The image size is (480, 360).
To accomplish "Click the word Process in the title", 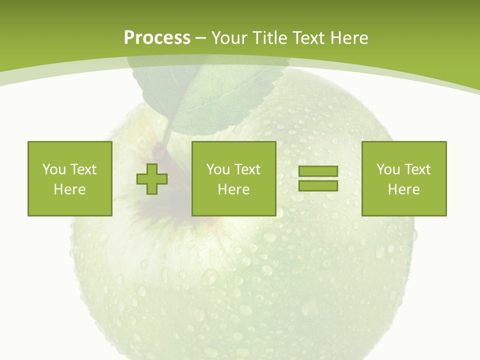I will (x=157, y=37).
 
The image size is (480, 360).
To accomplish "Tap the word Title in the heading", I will (x=268, y=37).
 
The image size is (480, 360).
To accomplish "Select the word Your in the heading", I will (x=230, y=37).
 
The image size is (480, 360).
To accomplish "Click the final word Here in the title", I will (x=349, y=37).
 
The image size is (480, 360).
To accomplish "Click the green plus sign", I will (x=152, y=178).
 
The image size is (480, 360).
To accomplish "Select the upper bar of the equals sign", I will (x=318, y=171).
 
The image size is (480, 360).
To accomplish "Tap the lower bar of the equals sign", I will (x=318, y=185).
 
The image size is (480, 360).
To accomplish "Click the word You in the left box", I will (x=53, y=169).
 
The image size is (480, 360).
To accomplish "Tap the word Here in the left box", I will (x=70, y=189).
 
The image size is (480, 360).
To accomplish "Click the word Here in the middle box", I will (x=234, y=189).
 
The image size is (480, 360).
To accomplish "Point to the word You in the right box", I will (x=388, y=169).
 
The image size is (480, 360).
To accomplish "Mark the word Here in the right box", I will (x=404, y=189).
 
